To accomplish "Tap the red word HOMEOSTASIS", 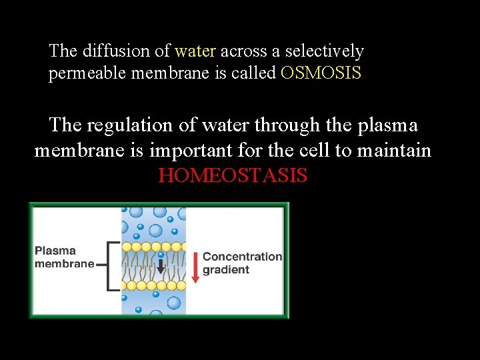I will (233, 176).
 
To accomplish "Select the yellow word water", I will (195, 51).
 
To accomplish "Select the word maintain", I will (394, 151).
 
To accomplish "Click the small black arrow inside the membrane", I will (161, 267).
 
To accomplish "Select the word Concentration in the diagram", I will (242, 257).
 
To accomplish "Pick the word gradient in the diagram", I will (225, 270).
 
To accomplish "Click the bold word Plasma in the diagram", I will (55, 251).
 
